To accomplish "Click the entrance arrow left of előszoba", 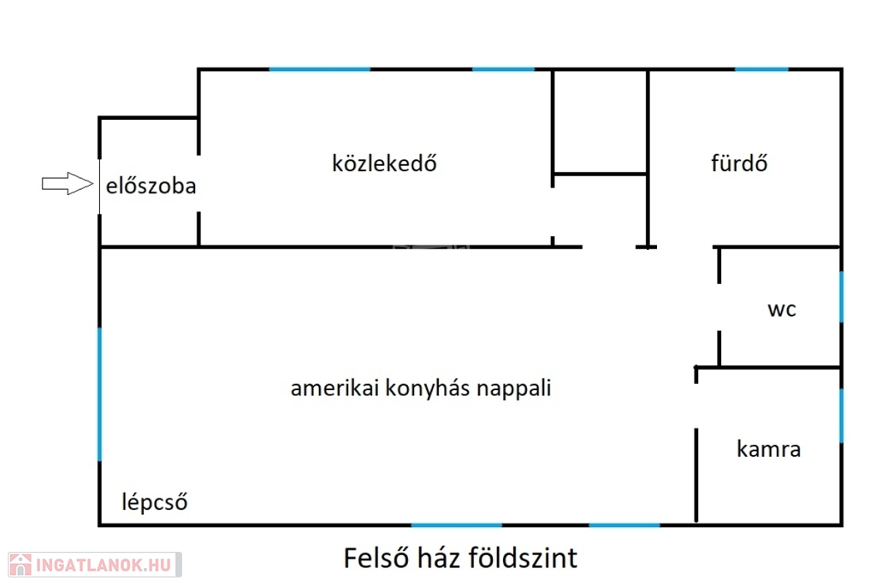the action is click(68, 183).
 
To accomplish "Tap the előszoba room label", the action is click(151, 186).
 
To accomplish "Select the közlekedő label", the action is click(384, 163).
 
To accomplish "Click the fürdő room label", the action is click(739, 163).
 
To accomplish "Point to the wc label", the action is click(782, 310).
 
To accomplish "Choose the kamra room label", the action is click(769, 448).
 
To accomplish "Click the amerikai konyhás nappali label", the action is click(421, 388).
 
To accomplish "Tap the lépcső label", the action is click(155, 501).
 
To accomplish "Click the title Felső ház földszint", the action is click(460, 558).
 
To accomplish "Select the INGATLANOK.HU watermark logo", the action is click(95, 565).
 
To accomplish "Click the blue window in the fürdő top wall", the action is click(761, 69).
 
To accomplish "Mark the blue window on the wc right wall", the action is click(842, 297).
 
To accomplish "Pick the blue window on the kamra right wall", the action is click(842, 416).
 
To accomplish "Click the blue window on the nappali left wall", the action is click(100, 394).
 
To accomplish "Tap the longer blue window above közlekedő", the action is click(320, 69).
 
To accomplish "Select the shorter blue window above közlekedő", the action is click(503, 69).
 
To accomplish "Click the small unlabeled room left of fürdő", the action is click(600, 121).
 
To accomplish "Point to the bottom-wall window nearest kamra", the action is click(624, 525).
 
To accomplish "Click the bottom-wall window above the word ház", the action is click(457, 525).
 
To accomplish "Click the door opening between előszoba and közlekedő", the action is click(198, 183).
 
